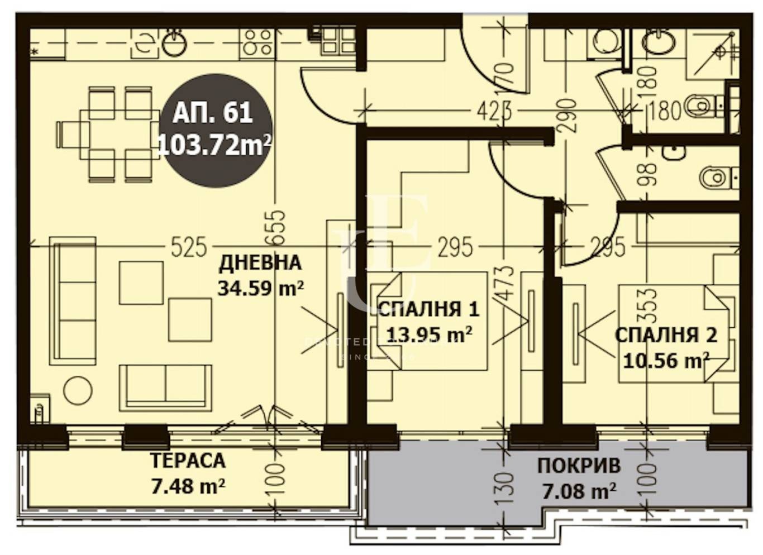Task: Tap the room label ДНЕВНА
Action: [x=260, y=262]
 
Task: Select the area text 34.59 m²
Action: [x=260, y=288]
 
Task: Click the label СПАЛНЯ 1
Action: [x=428, y=309]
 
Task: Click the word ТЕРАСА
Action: [x=188, y=461]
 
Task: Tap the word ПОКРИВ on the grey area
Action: [x=579, y=466]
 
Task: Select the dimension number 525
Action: [x=188, y=247]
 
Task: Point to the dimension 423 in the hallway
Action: [x=494, y=111]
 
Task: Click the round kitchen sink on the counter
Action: [x=174, y=44]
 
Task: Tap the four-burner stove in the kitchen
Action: [x=257, y=42]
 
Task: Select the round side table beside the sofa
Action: [x=78, y=390]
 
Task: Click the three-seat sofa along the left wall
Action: [x=73, y=300]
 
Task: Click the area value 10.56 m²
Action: [x=665, y=361]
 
